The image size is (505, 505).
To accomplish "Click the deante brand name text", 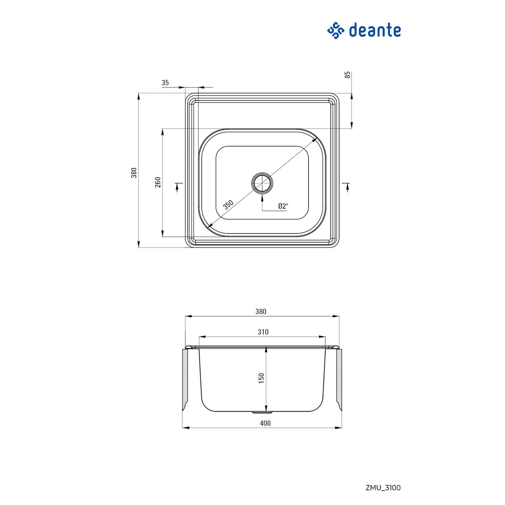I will (x=375, y=31).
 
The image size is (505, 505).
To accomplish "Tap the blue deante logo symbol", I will (x=336, y=31).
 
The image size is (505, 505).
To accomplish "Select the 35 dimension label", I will (x=165, y=83).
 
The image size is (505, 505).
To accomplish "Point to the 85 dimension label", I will (x=348, y=75).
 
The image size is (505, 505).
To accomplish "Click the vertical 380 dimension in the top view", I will (x=134, y=173).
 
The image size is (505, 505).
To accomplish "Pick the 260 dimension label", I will (x=158, y=182).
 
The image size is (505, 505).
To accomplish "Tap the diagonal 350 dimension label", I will (x=228, y=205).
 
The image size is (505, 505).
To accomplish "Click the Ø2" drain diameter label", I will (x=283, y=206).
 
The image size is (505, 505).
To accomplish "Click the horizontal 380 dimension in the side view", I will (x=261, y=312).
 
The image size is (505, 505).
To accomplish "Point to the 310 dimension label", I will (x=263, y=332).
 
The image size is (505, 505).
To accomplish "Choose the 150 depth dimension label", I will (x=261, y=378).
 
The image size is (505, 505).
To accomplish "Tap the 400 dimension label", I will (x=265, y=423).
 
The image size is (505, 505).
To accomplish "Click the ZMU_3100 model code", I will (x=383, y=488).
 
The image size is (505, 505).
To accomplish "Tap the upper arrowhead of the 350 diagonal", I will (x=314, y=139).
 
